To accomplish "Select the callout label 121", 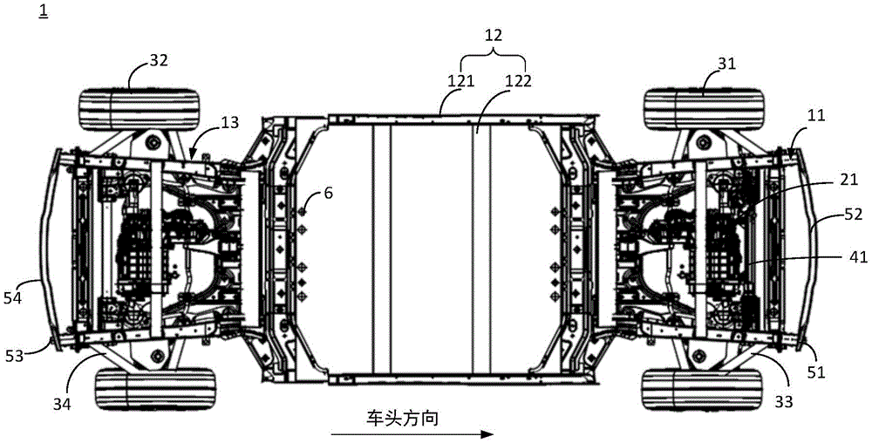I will point(460,81).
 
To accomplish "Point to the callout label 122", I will point(521,81).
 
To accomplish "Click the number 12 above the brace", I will point(494,37).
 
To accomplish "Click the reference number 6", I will point(327,196).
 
